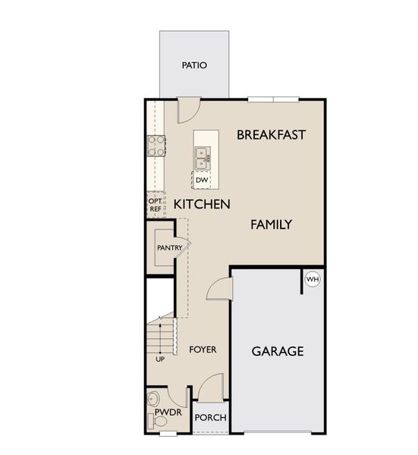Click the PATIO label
(x=194, y=65)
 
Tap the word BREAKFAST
(x=271, y=135)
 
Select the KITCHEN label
(x=202, y=204)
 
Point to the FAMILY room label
(x=272, y=224)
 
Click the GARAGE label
(x=278, y=351)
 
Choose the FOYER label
(x=203, y=350)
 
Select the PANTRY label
(x=169, y=247)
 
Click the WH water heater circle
(x=312, y=280)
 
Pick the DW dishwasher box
(x=201, y=180)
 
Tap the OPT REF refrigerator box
(x=155, y=205)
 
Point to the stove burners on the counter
(x=157, y=145)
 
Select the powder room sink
(x=155, y=398)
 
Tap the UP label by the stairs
(x=160, y=359)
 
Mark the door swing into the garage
(x=218, y=289)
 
